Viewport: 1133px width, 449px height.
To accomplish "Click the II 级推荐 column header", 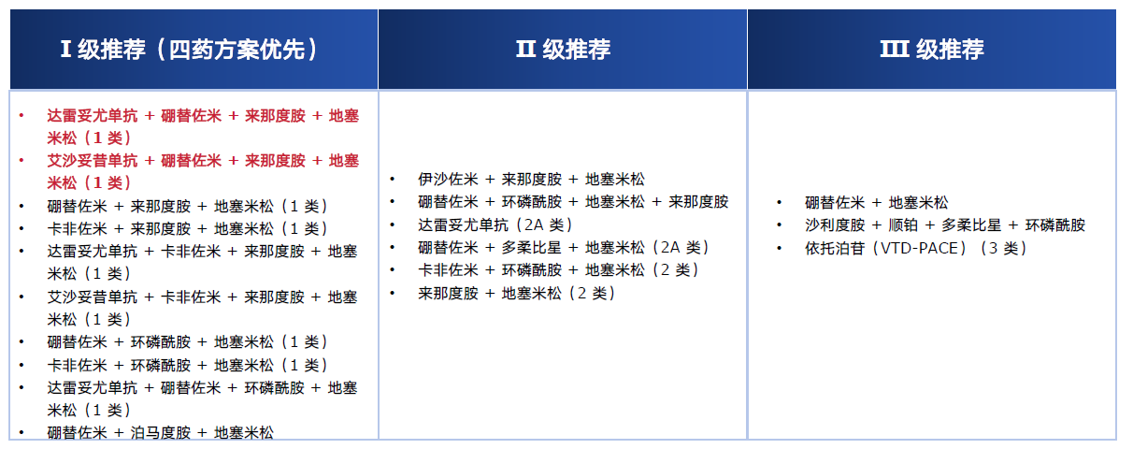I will pos(563,50).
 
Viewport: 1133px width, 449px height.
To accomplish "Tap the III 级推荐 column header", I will pos(931,50).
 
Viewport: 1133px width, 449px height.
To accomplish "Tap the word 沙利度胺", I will pos(835,225).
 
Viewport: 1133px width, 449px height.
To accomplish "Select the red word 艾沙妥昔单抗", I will pos(93,161).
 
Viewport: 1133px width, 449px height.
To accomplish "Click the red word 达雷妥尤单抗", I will pos(93,116).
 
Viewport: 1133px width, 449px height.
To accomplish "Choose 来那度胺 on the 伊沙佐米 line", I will pos(532,179).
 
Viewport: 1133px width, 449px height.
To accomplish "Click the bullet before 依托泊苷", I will pos(780,249).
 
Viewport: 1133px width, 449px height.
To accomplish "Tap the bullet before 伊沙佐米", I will pos(394,180).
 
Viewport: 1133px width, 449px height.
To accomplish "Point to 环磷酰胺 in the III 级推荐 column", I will pos(1055,225).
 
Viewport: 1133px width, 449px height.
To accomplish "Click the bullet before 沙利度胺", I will pos(780,226).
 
